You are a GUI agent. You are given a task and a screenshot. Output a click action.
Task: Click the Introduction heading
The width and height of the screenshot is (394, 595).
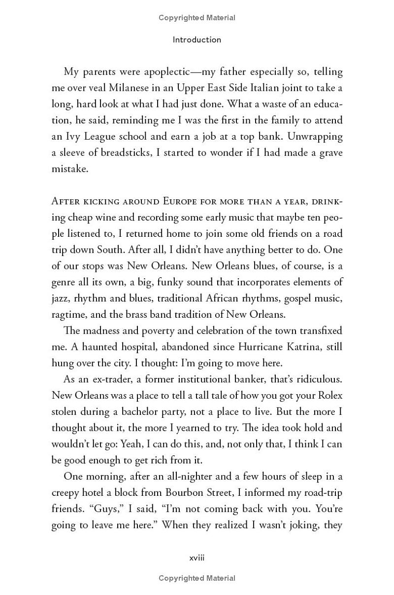[197, 39]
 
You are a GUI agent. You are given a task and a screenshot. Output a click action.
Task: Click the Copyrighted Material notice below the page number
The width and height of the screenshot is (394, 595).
[197, 578]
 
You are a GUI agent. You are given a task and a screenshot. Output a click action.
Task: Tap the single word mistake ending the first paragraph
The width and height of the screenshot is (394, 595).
[70, 169]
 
